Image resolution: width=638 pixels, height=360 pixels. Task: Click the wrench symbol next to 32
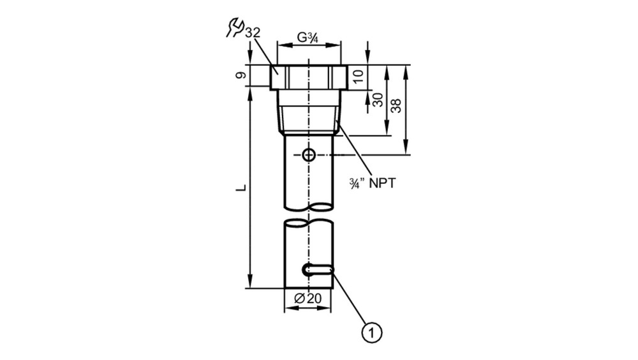pyautogui.click(x=234, y=27)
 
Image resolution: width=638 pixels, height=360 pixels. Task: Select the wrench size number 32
pyautogui.click(x=252, y=33)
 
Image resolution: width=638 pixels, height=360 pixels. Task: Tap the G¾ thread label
pyautogui.click(x=308, y=38)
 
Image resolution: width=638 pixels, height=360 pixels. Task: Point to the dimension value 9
pyautogui.click(x=241, y=75)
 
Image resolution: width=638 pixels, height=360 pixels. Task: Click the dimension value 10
pyautogui.click(x=358, y=76)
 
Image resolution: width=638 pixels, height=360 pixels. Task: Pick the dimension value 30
pyautogui.click(x=378, y=100)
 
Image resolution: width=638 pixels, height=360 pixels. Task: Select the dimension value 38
pyautogui.click(x=396, y=106)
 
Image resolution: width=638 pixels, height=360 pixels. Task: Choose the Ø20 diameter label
pyautogui.click(x=308, y=299)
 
